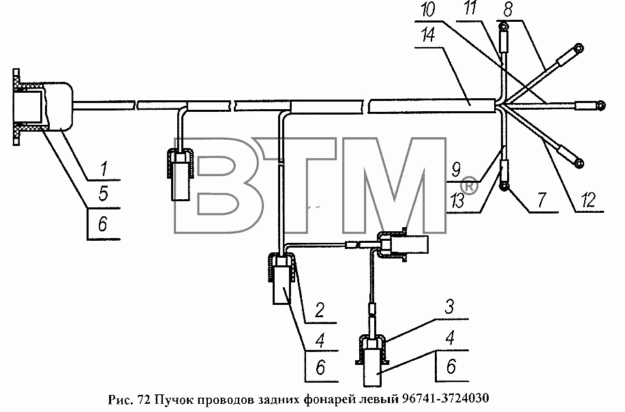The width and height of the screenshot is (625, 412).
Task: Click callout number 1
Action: coord(104,169)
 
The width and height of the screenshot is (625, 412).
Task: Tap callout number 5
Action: coord(103,194)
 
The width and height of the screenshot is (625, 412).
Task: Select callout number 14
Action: coord(428,35)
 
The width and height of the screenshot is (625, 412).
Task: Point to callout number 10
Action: coord(429,9)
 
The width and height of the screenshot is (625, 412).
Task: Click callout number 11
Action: coord(471,8)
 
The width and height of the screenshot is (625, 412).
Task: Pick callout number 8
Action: coord(507,10)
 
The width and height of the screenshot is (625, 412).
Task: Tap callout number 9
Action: coord(456,170)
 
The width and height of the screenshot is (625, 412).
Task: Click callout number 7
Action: coord(541,201)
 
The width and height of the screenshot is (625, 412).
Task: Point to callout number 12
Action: coord(588,201)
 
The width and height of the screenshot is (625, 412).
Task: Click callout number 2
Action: coord(319,310)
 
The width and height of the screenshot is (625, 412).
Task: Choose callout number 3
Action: coord(449,307)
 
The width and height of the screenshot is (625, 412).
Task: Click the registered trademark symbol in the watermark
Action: coord(469,185)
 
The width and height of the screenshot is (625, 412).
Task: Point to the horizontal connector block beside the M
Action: coord(403,245)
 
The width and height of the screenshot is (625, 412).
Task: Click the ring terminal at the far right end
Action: coord(600,105)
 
